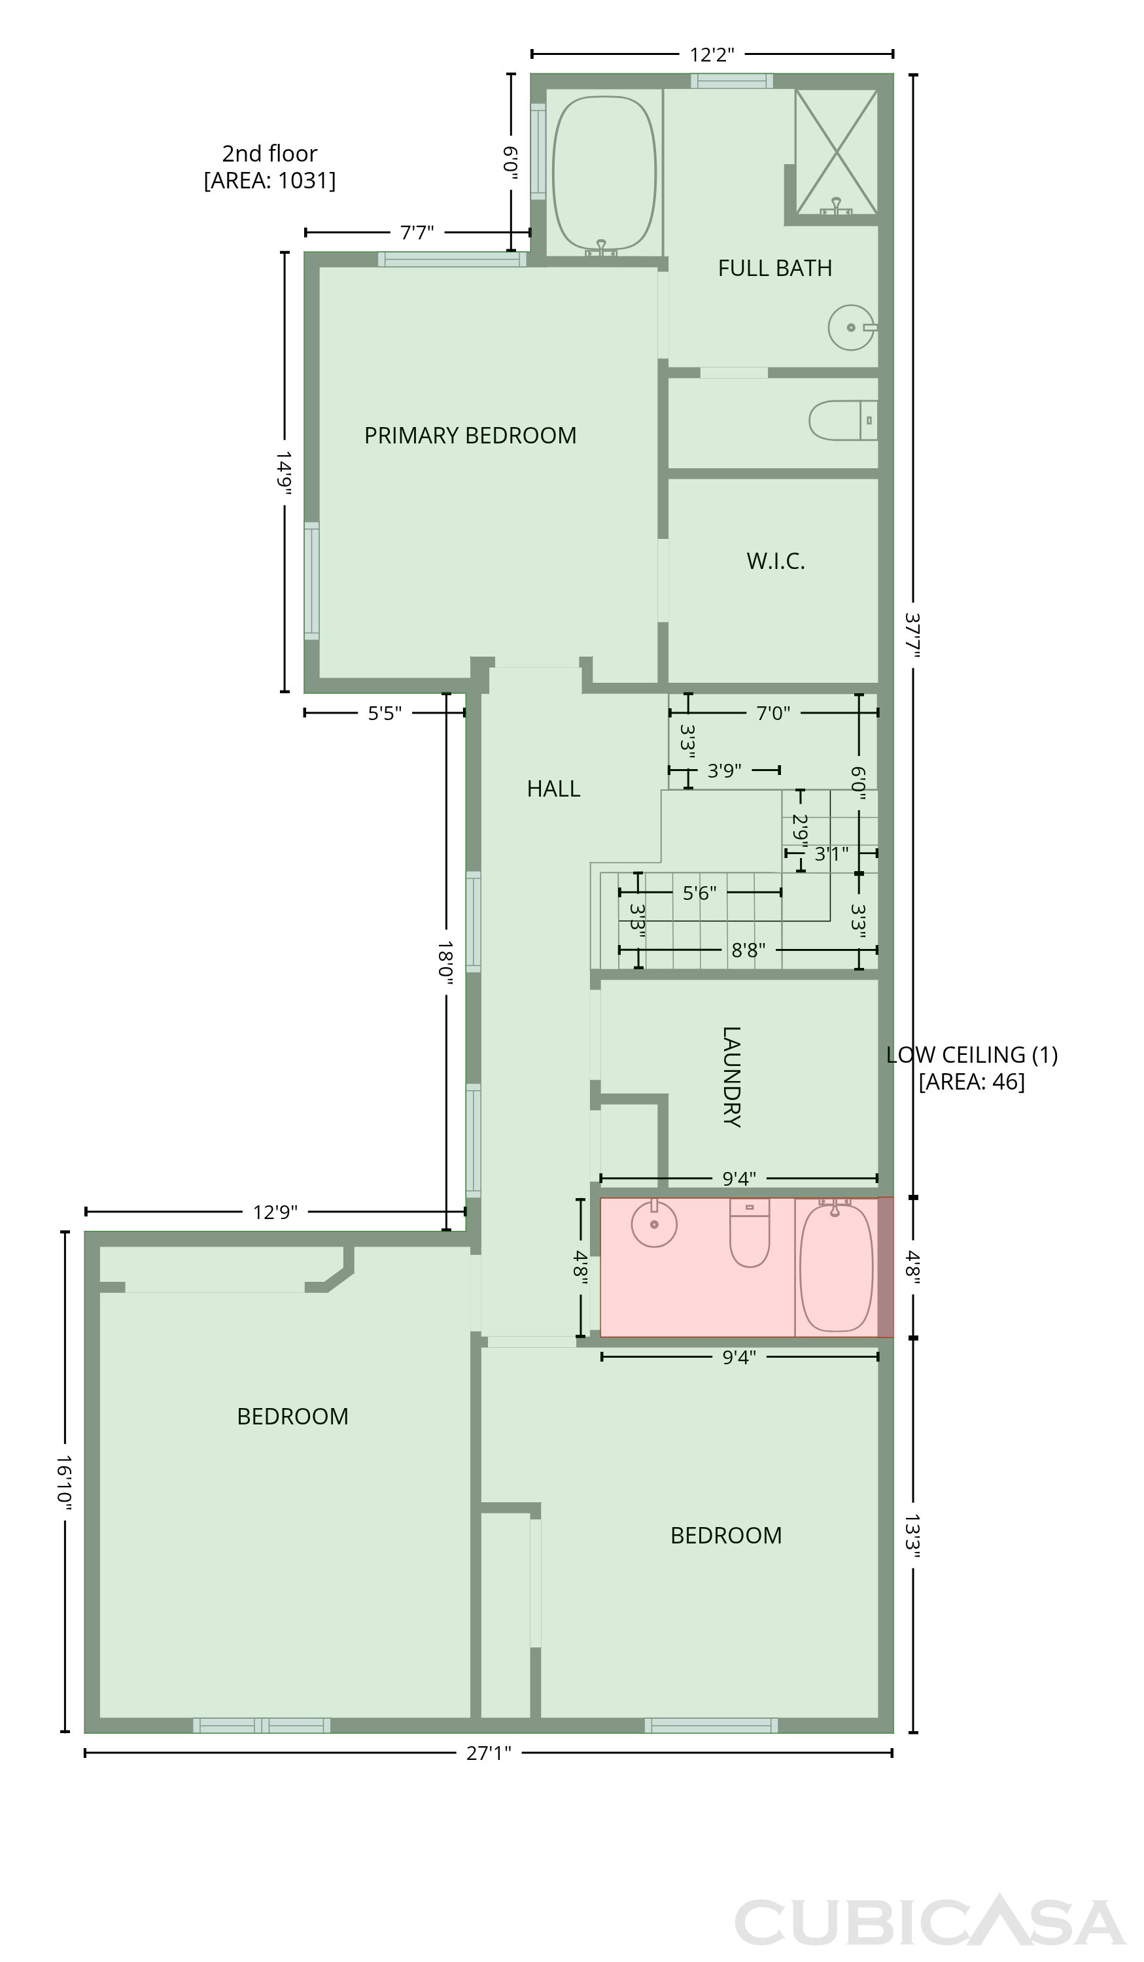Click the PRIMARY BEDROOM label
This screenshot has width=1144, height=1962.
[x=470, y=435]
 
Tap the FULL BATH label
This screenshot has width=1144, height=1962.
[x=775, y=268]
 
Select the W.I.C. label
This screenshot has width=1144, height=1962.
[x=776, y=560]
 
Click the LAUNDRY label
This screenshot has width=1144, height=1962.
[x=731, y=1076]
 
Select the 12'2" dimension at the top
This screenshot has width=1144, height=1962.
[x=712, y=54]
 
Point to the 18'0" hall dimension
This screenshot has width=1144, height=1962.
[x=445, y=964]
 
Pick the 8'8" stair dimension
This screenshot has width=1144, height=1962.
[x=748, y=950]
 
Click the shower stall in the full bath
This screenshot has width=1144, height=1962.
[x=837, y=151]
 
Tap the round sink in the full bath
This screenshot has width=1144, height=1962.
[x=851, y=327]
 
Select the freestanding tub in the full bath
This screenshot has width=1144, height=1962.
[x=604, y=173]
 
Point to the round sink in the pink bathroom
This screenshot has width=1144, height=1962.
[x=654, y=1223]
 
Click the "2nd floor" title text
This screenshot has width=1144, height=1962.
[x=269, y=154]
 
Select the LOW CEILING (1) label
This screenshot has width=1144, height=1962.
[x=972, y=1055]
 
